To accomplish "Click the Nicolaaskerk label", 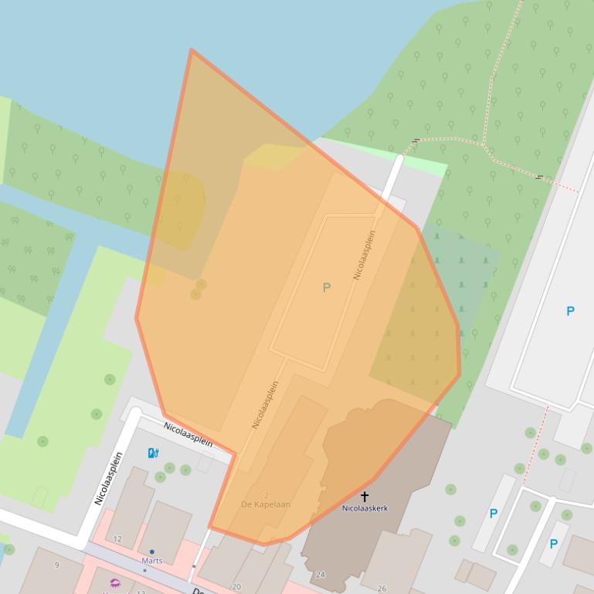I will [365, 508].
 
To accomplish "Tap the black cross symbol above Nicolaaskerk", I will [365, 496].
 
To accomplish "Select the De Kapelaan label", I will [266, 505].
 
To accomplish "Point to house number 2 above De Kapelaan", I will [266, 495].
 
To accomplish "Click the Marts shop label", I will [151, 561].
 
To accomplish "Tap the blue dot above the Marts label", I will [151, 552].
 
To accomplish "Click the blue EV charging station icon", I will [153, 453].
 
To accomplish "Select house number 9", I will [56, 565].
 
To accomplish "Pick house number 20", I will [236, 587].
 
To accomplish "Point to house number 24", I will [321, 575].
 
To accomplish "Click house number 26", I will [382, 588].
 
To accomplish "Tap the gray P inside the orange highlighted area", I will [326, 288].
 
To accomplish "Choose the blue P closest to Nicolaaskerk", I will [493, 514].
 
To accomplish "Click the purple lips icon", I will [115, 583].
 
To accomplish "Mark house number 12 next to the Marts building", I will [117, 538].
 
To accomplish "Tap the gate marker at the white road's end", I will [416, 141].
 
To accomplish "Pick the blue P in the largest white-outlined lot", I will [570, 312].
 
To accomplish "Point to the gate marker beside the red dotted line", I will [539, 177].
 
